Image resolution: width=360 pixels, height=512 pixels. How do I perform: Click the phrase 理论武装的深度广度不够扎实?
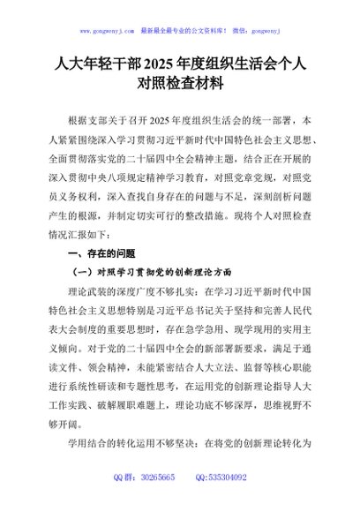tap(131, 290)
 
